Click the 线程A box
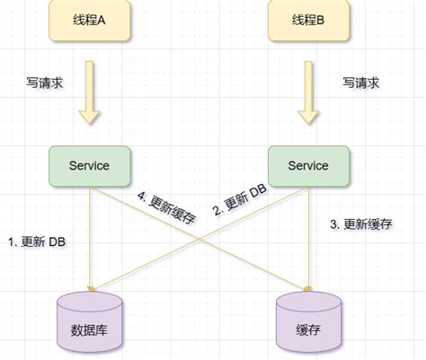click(x=90, y=22)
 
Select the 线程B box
click(x=308, y=22)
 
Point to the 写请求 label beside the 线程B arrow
click(x=361, y=83)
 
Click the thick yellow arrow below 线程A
click(x=90, y=92)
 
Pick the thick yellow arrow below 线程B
click(x=308, y=92)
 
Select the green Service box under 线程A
click(x=90, y=165)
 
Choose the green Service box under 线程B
click(x=308, y=165)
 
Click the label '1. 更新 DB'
click(x=36, y=242)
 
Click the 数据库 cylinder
click(x=90, y=323)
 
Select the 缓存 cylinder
click(x=308, y=323)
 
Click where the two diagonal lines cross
click(x=200, y=235)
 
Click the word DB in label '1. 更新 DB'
click(x=56, y=242)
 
